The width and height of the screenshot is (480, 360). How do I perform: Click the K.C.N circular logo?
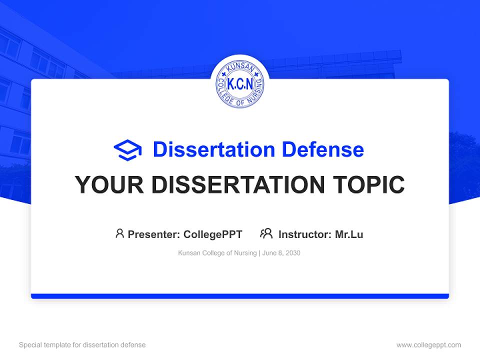(240, 84)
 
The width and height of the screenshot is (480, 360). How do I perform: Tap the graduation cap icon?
(127, 149)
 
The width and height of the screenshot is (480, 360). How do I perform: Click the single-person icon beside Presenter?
(119, 233)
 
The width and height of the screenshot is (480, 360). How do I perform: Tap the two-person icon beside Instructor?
(266, 233)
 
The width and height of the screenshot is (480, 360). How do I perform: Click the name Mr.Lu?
(349, 234)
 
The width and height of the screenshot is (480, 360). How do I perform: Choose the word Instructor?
(305, 234)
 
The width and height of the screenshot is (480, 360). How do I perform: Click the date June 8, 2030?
(281, 253)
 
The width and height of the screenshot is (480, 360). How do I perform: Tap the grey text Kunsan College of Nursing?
(217, 253)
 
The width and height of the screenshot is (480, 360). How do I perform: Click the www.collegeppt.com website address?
(428, 345)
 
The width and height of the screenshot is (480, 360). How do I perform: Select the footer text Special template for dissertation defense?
(82, 345)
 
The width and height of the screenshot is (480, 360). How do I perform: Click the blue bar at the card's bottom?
(240, 296)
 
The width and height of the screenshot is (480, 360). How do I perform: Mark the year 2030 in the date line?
(292, 253)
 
